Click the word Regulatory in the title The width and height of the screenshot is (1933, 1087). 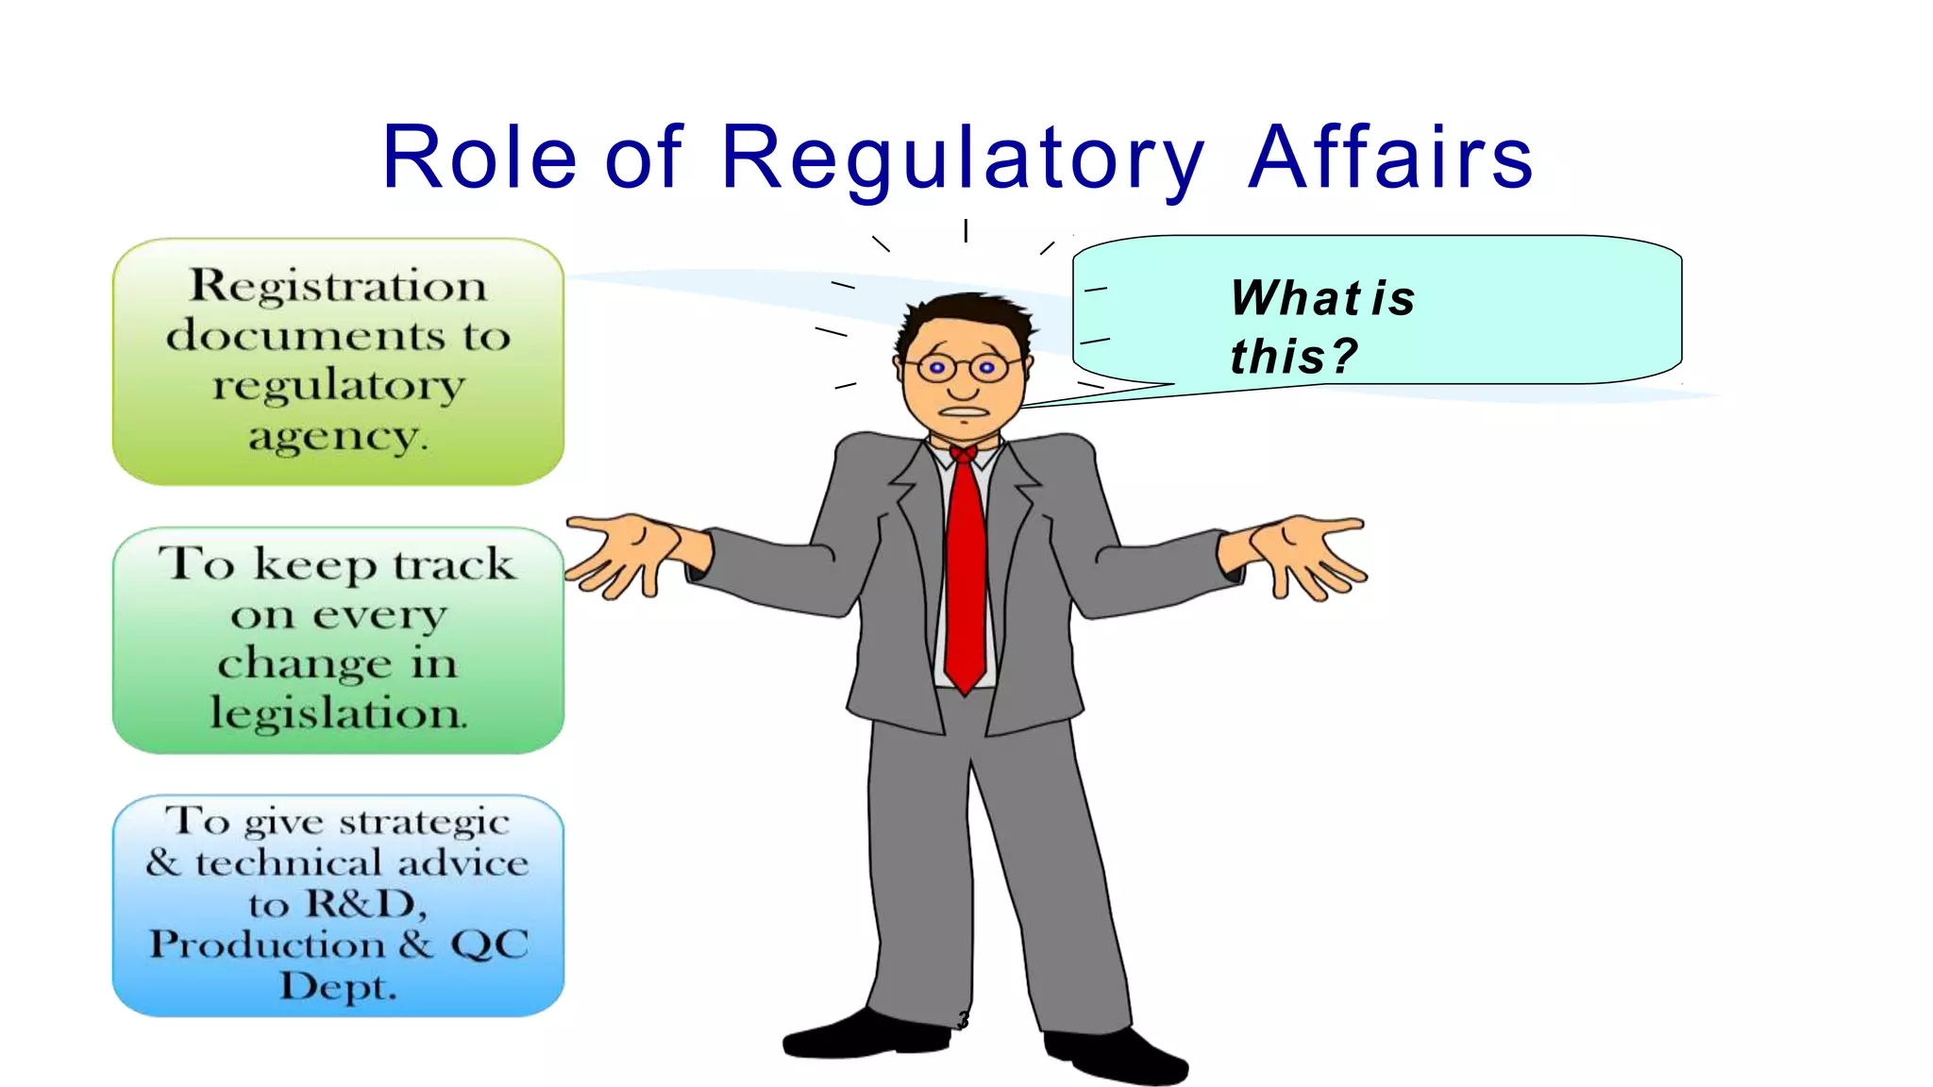pyautogui.click(x=962, y=159)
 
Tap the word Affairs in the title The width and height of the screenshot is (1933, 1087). pyautogui.click(x=1389, y=159)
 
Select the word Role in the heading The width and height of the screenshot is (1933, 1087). pyautogui.click(x=479, y=159)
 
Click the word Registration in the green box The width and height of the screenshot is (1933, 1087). pyautogui.click(x=338, y=286)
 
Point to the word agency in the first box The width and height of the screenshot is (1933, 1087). pyautogui.click(x=338, y=437)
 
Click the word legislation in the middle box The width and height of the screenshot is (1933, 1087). pyautogui.click(x=338, y=712)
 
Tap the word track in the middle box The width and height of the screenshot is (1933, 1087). pyautogui.click(x=454, y=564)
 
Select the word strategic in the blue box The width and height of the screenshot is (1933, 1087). pyautogui.click(x=424, y=822)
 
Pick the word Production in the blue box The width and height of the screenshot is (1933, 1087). pyautogui.click(x=267, y=945)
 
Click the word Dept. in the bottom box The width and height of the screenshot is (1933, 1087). pyautogui.click(x=338, y=987)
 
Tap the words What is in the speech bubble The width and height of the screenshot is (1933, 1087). pyautogui.click(x=1322, y=298)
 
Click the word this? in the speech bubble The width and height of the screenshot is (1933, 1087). pyautogui.click(x=1293, y=357)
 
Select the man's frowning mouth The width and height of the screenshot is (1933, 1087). pyautogui.click(x=963, y=412)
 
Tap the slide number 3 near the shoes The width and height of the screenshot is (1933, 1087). pyautogui.click(x=963, y=1020)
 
